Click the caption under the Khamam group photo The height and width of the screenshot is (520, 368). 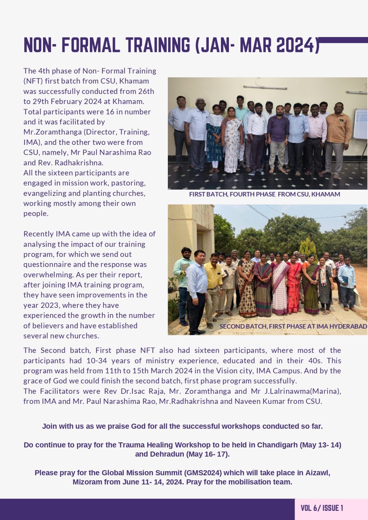(264, 194)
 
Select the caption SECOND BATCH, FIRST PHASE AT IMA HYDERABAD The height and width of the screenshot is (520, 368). (293, 326)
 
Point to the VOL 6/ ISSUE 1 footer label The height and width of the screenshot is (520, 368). (322, 508)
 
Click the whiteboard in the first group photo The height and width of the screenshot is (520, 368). (361, 123)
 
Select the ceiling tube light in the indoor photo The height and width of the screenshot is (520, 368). (265, 87)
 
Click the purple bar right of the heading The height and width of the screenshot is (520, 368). (343, 40)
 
